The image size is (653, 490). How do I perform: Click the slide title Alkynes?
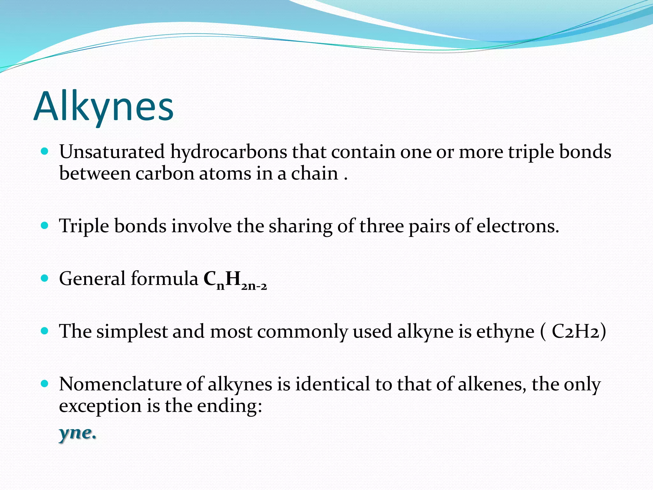104,107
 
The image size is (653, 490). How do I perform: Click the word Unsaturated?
112,152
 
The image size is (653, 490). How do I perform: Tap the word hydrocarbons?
228,152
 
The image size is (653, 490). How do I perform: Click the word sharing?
300,227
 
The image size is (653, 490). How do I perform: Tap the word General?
92,278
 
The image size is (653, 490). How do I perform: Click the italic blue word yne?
77,433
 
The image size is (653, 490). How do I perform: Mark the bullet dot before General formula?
45,278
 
